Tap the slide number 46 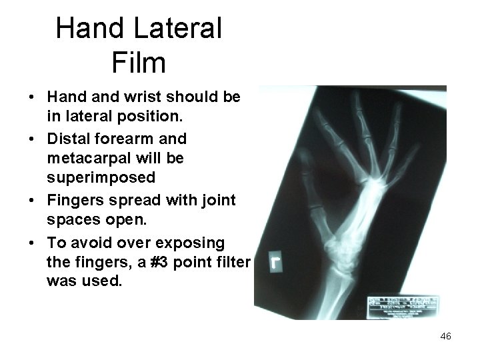pyautogui.click(x=445, y=337)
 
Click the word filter pyautogui.click(x=229, y=262)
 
